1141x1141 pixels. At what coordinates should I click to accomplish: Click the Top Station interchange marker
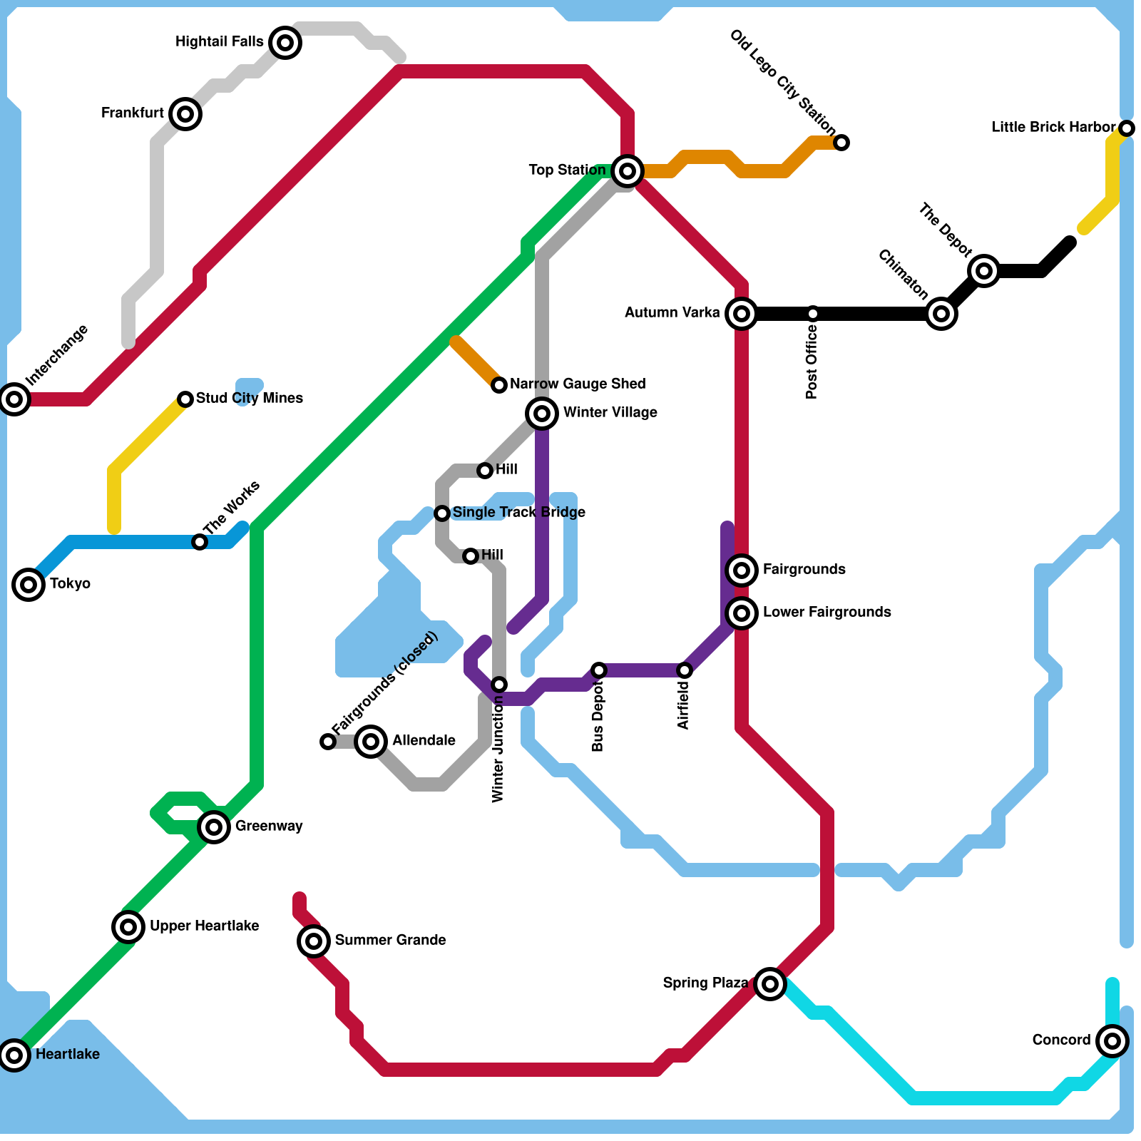click(x=628, y=170)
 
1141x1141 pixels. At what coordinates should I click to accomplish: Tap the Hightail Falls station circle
click(x=285, y=43)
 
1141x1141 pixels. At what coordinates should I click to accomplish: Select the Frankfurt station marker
click(x=185, y=113)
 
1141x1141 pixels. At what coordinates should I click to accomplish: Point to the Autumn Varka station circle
click(x=742, y=313)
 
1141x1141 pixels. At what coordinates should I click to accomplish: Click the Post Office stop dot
click(x=813, y=313)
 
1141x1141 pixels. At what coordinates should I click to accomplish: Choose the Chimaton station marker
click(x=941, y=313)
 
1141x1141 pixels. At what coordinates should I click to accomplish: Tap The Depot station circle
click(x=984, y=270)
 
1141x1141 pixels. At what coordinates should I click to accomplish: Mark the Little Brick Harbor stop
click(x=1127, y=128)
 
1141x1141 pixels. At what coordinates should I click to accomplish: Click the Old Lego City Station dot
click(x=841, y=143)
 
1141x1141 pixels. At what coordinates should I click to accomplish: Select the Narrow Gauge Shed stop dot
click(x=499, y=385)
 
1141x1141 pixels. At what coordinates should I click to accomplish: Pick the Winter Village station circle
click(x=542, y=413)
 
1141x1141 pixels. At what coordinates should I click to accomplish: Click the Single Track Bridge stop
click(x=442, y=513)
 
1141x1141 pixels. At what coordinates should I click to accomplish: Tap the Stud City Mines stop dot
click(x=185, y=399)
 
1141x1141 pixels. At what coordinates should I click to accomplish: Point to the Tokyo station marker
click(x=29, y=584)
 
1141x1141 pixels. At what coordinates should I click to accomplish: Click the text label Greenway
click(x=269, y=826)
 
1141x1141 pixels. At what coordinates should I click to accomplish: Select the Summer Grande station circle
click(x=314, y=941)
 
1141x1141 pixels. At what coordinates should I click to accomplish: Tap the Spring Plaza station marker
click(x=770, y=983)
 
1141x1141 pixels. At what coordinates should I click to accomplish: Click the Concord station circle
click(x=1112, y=1040)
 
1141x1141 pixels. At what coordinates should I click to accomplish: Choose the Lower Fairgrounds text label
click(x=827, y=612)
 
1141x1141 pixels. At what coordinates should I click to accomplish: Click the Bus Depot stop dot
click(x=599, y=670)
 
